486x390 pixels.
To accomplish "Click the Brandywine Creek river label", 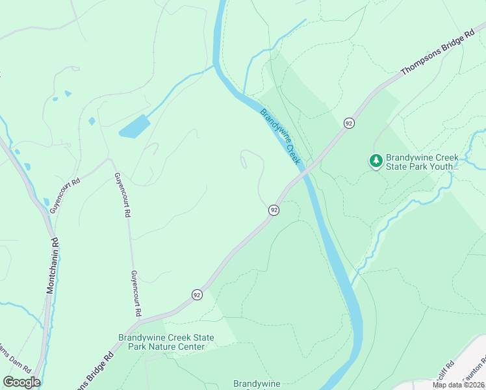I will [281, 136].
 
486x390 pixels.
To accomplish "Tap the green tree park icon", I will [376, 161].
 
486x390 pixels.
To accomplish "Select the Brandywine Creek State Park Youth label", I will [422, 162].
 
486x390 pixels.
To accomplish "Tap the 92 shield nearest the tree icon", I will [349, 123].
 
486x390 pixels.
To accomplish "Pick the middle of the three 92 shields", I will [274, 210].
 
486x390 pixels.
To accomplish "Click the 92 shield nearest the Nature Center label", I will [196, 294].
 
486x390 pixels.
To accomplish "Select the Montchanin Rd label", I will [52, 266].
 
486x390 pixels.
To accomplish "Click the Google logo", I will [21, 382].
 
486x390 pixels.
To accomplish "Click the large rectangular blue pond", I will [134, 126].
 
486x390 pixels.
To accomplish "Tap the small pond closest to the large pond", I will [92, 121].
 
